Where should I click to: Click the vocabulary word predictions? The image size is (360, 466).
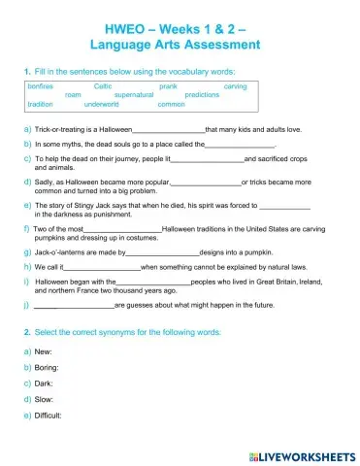[x=202, y=95]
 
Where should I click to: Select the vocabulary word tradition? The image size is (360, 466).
[x=41, y=104]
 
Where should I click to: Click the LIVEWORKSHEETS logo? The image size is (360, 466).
[x=302, y=454]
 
